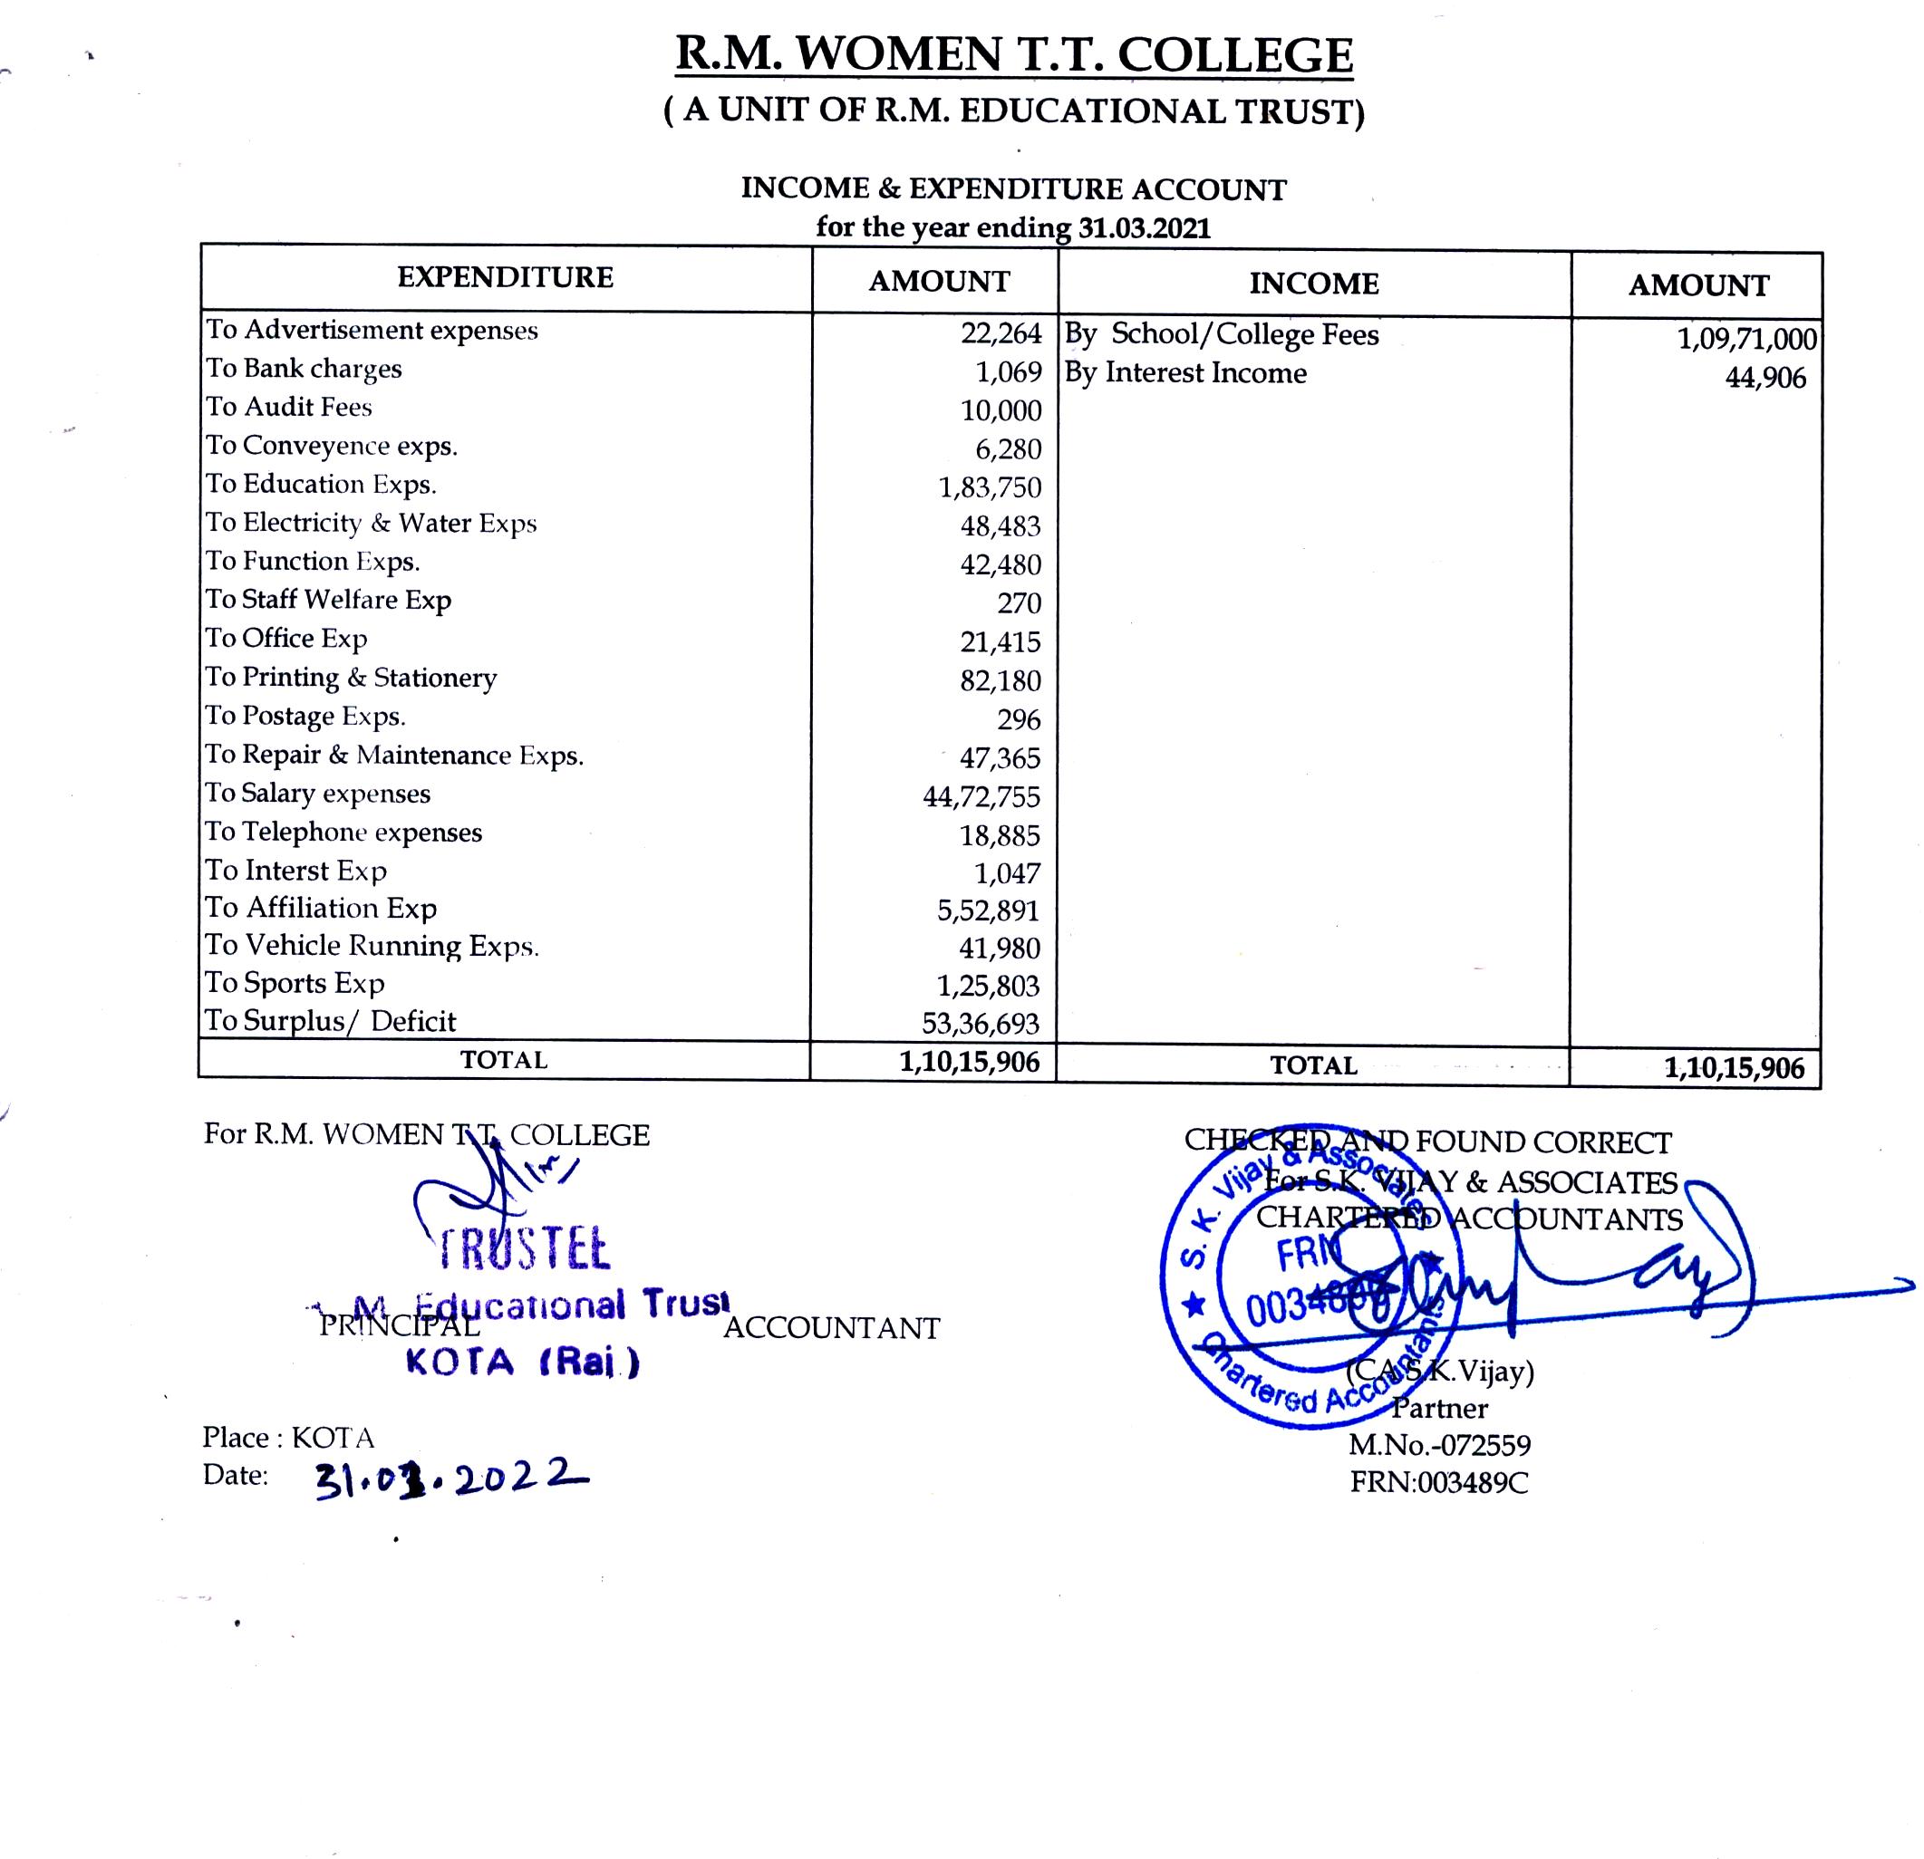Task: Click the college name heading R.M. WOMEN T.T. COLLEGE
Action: click(1014, 55)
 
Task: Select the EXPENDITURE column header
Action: click(505, 278)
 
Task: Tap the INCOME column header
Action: click(1313, 284)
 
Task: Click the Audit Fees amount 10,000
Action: click(1001, 410)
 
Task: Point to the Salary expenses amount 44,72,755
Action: click(981, 797)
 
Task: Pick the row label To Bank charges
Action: click(304, 369)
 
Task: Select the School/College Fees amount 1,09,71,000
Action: click(1746, 340)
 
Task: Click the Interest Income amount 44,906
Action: click(1765, 378)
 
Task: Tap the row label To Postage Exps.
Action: click(305, 717)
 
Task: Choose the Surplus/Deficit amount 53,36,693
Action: click(980, 1024)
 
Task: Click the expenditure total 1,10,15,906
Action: click(969, 1061)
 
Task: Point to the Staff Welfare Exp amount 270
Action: click(1019, 602)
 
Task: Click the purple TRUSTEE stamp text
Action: click(525, 1249)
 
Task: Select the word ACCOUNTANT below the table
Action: click(831, 1328)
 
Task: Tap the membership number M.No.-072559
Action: click(1439, 1445)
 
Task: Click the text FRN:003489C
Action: click(1439, 1482)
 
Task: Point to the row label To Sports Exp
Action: click(295, 984)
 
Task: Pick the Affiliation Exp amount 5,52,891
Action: click(988, 910)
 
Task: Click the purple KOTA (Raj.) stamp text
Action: click(522, 1363)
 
